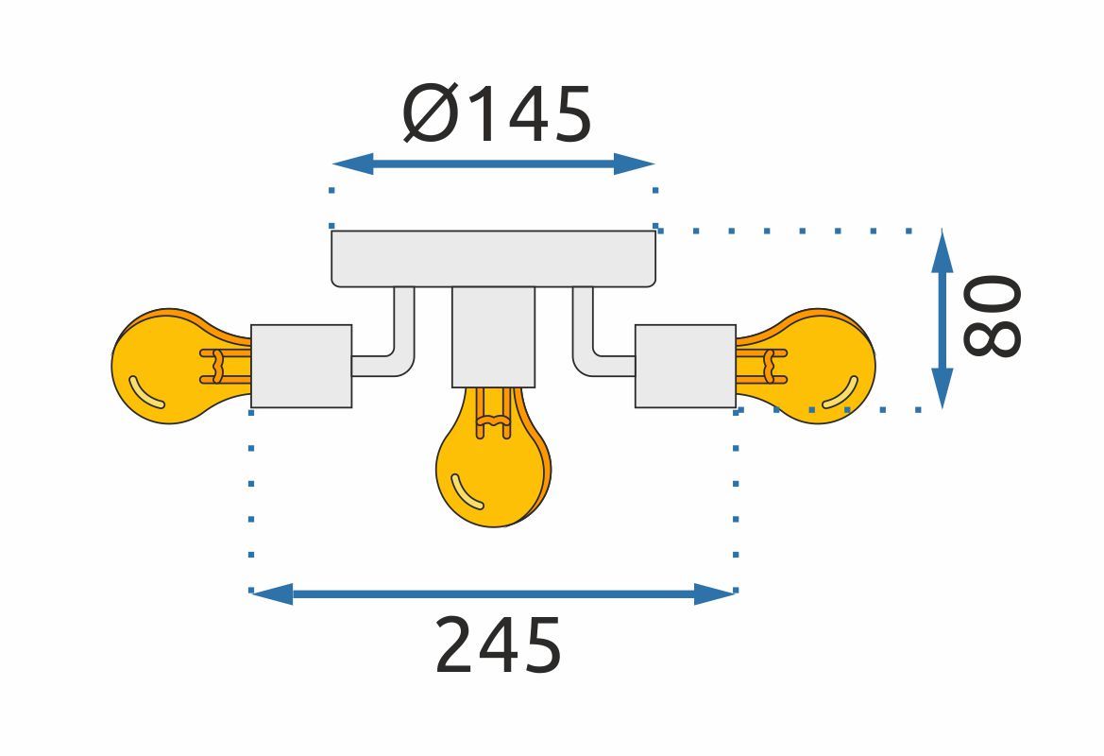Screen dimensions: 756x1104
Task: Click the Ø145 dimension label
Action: [498, 114]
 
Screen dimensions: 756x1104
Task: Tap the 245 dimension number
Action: [498, 645]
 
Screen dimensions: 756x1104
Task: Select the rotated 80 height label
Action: [992, 316]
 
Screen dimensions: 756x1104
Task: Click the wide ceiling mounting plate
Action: [493, 258]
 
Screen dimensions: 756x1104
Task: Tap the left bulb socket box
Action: [301, 366]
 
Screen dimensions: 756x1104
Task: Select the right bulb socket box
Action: [685, 366]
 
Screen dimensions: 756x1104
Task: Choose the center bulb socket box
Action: [493, 336]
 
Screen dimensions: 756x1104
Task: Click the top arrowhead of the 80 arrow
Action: [942, 248]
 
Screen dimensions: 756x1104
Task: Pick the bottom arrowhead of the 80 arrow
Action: [942, 389]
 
